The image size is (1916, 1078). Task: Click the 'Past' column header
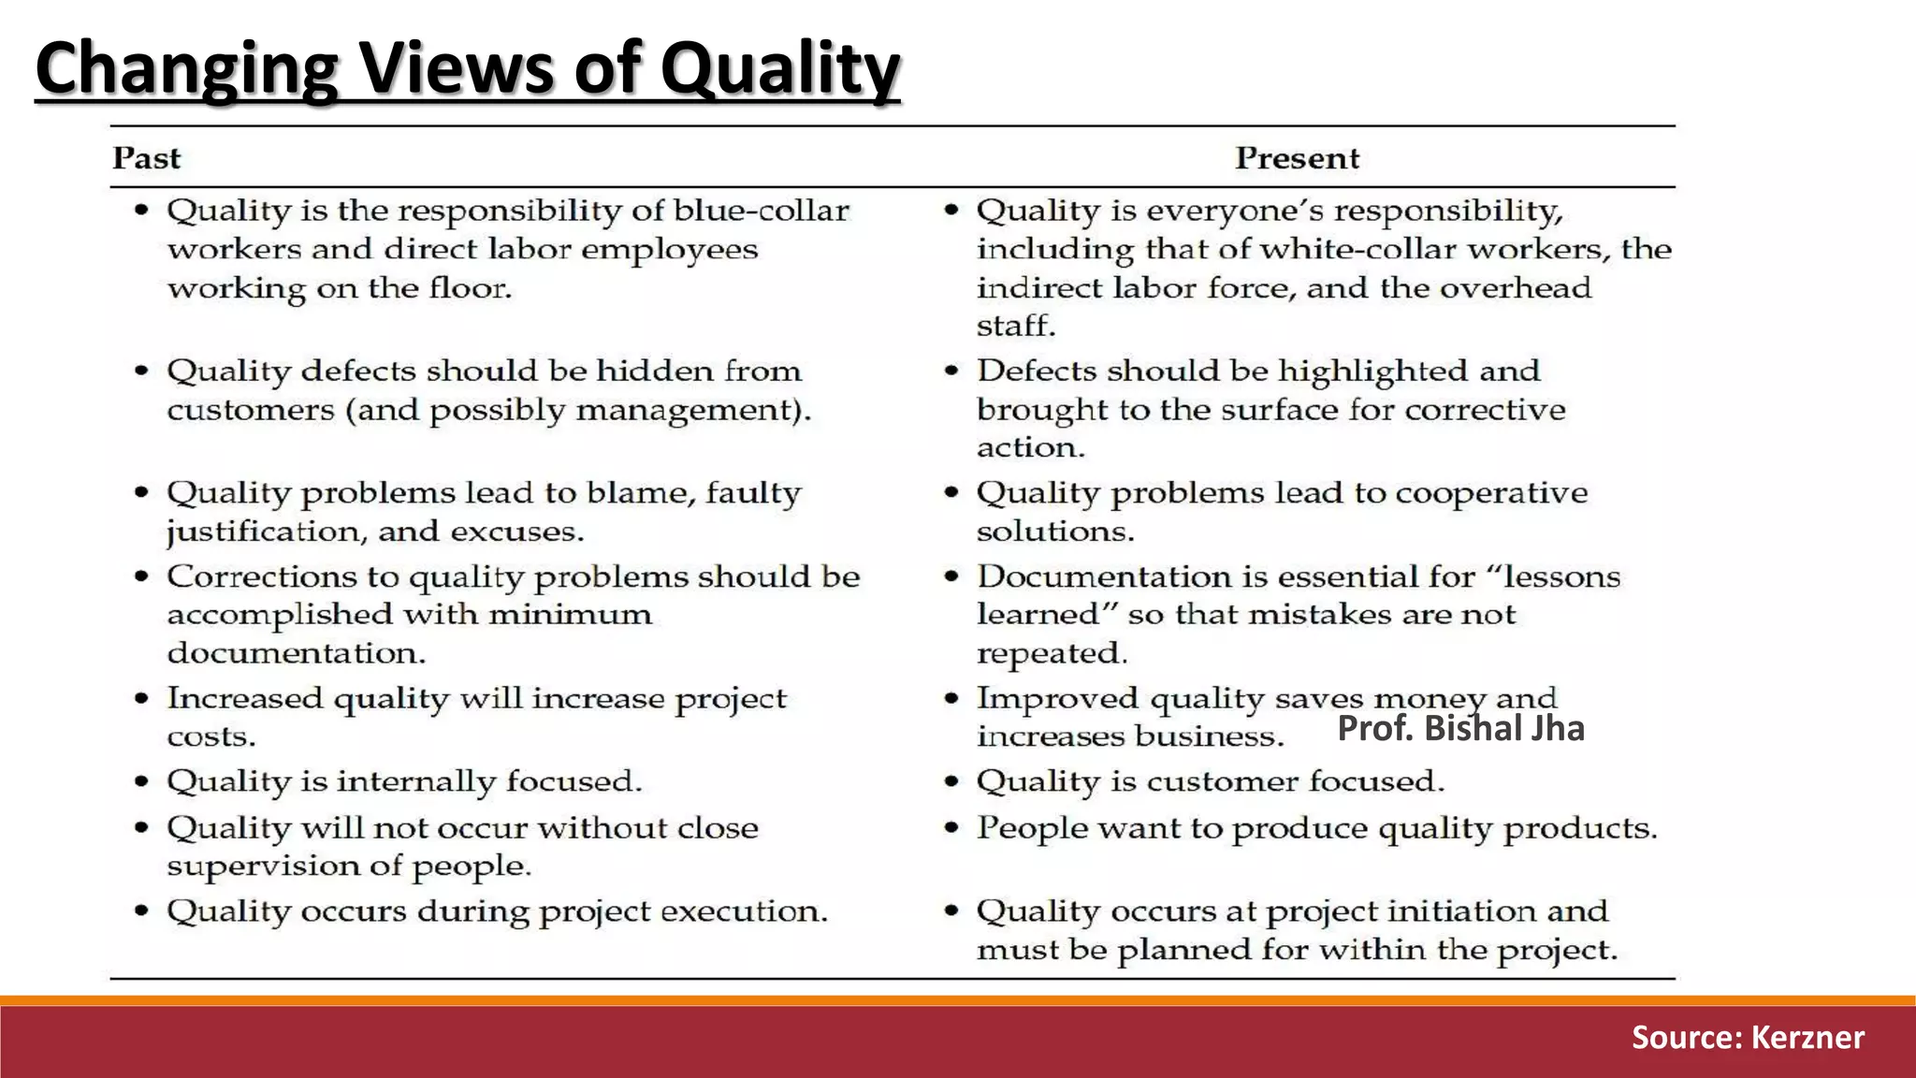point(146,158)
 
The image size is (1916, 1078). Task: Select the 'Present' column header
point(1297,158)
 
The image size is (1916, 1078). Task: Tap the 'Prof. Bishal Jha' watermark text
point(1460,728)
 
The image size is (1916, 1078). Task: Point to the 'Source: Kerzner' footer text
point(1748,1037)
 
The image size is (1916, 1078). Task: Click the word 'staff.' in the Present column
point(1016,326)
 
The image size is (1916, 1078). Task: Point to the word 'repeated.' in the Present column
point(1052,653)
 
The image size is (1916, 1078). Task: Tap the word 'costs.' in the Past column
point(211,736)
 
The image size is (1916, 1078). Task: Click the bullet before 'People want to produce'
point(951,827)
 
